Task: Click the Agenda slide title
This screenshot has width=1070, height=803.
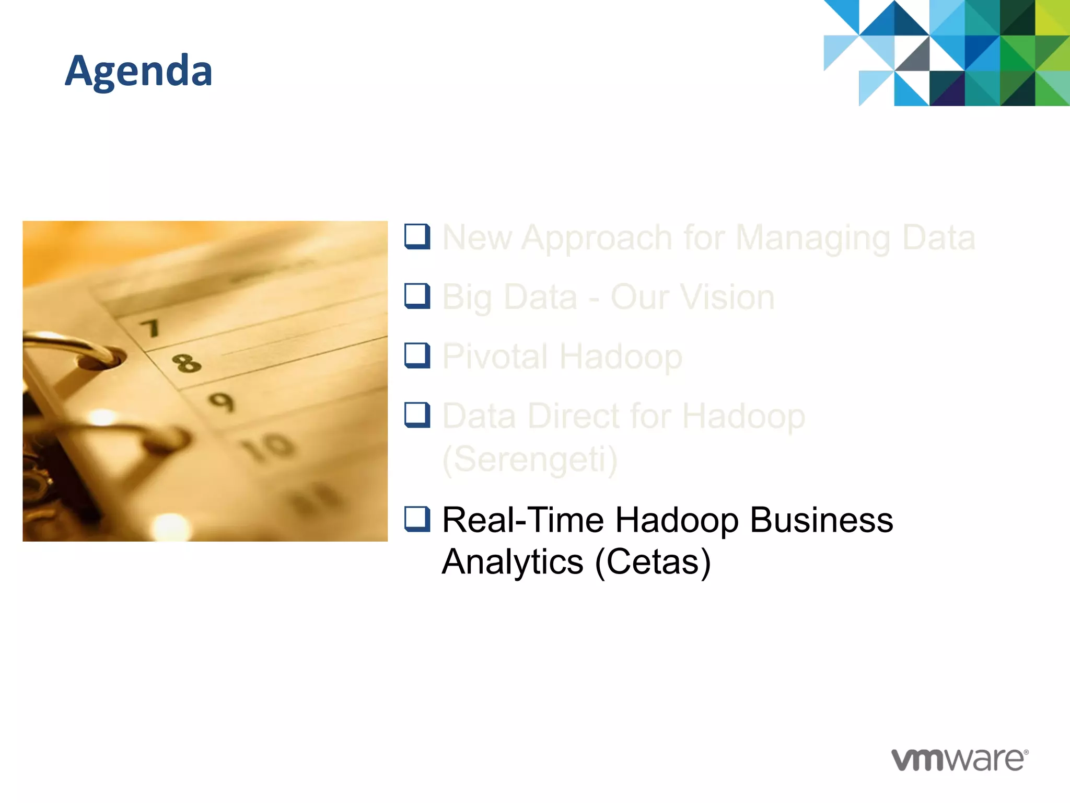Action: coord(139,71)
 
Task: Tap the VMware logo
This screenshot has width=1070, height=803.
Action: coord(959,759)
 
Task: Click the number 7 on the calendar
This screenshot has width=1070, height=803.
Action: coord(150,328)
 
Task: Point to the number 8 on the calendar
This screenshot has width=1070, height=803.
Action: coord(187,362)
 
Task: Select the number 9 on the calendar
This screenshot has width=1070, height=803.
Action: coord(222,402)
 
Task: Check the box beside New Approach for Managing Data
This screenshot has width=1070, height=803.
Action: coord(417,236)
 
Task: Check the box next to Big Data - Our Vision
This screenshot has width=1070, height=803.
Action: coord(417,296)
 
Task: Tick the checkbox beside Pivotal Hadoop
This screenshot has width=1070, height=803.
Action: coord(417,355)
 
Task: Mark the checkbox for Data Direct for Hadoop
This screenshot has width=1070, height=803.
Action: coord(417,415)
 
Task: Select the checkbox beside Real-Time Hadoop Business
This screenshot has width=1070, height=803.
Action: coord(417,519)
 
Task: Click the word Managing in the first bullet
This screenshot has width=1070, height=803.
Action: coord(812,238)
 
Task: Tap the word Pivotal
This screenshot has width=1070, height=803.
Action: coord(495,357)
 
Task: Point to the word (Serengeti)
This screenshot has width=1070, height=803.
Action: coord(530,460)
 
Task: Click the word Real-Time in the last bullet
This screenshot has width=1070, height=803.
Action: coord(523,520)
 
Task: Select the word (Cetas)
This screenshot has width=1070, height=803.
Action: coord(653,562)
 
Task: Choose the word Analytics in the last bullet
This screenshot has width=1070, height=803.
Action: coord(513,562)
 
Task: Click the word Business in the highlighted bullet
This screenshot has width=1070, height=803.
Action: coord(821,520)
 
